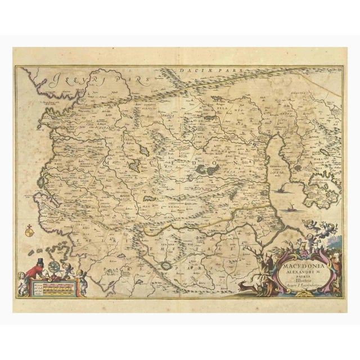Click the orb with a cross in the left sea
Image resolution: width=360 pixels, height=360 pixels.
tap(30, 229)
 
